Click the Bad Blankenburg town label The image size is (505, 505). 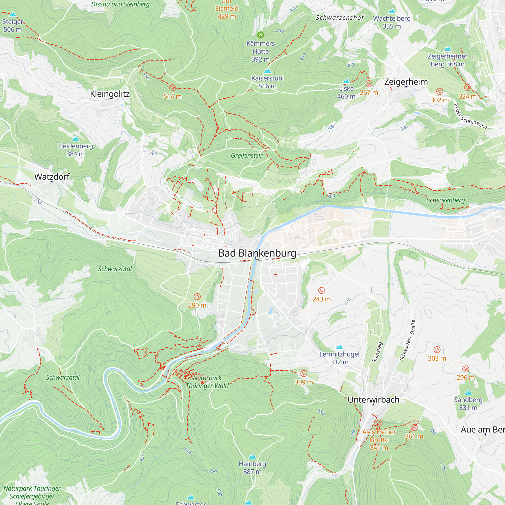(x=257, y=253)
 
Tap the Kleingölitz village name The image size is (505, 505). (x=110, y=94)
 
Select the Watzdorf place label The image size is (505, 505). (x=52, y=177)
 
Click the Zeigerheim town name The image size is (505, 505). (x=406, y=82)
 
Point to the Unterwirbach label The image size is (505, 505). (x=373, y=400)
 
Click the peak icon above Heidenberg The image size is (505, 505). (x=75, y=139)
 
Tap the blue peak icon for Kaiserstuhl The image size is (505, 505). (x=267, y=71)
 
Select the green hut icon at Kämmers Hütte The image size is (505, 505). (x=260, y=35)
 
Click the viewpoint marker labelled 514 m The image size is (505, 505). (x=172, y=88)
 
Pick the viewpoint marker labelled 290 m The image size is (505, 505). (x=197, y=296)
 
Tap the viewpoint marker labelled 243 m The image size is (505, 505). (x=321, y=290)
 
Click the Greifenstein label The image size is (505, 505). (x=247, y=156)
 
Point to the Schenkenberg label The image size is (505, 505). (x=446, y=200)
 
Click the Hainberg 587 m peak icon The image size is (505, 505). (x=252, y=457)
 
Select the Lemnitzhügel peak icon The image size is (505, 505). (x=339, y=347)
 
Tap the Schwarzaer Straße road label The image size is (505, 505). (x=407, y=340)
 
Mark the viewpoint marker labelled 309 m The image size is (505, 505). (x=304, y=373)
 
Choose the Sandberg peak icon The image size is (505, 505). (x=468, y=392)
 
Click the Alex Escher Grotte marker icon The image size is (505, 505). (x=379, y=423)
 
